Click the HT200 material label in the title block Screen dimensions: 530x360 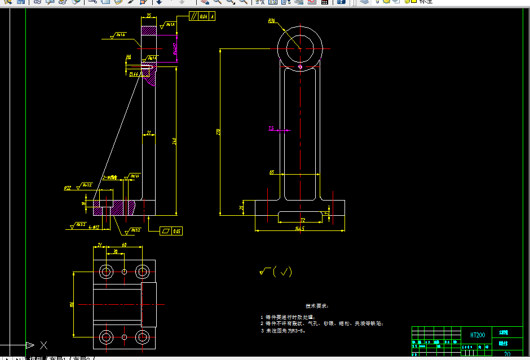coord(478,335)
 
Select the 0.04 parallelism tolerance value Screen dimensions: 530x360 coord(204,16)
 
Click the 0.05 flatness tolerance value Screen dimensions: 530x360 coord(177,231)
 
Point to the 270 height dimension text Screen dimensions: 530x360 coord(218,132)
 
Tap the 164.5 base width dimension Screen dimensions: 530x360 coord(299,229)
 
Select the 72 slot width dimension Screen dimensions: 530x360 coord(303,220)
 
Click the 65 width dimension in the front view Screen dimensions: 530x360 coord(272,172)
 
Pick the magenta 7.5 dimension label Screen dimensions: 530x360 coord(271,128)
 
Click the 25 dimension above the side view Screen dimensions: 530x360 coord(148,16)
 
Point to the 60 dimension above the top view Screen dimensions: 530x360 coord(125,245)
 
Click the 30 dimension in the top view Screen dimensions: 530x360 coord(116,251)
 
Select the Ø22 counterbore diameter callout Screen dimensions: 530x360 coord(67,188)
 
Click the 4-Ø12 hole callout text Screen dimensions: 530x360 coord(94,227)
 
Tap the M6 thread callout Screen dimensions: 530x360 coord(129,57)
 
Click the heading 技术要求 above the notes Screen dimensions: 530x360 coord(316,306)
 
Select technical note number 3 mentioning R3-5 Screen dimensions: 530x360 coord(282,331)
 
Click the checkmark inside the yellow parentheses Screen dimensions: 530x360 coord(286,272)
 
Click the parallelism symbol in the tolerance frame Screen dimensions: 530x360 coord(193,16)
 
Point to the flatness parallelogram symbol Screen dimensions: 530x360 coord(165,231)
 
